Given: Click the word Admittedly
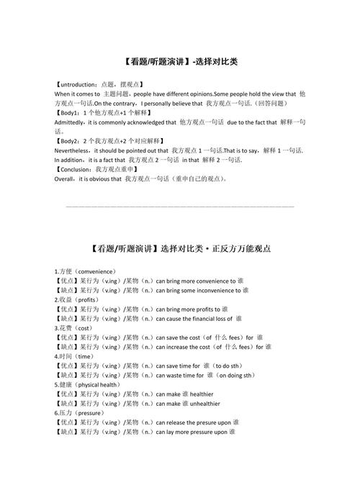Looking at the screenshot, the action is coord(71,122).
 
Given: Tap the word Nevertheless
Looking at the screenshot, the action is coord(74,150).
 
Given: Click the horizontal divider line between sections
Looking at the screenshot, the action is coord(180,207).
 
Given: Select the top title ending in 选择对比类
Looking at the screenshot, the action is coord(180,63).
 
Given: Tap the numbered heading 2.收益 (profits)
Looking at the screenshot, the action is coord(77,299).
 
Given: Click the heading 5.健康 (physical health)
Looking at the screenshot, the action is coord(90,384).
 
